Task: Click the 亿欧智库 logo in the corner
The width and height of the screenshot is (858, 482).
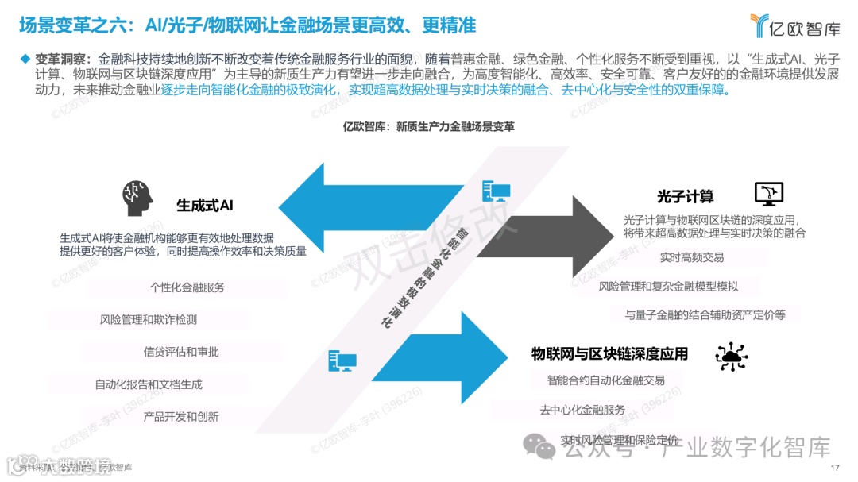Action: [794, 26]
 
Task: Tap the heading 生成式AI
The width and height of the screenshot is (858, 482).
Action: [204, 206]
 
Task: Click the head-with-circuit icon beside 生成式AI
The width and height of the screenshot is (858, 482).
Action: [137, 198]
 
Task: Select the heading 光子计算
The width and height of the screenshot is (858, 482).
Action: [685, 196]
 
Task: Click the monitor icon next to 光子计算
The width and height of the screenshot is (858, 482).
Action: [768, 193]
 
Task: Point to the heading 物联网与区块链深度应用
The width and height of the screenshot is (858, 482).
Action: [609, 353]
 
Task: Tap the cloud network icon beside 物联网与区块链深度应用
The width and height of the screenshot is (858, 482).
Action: [730, 357]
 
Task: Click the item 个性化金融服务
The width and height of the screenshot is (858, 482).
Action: [187, 287]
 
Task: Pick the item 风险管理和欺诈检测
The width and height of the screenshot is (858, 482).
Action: [149, 319]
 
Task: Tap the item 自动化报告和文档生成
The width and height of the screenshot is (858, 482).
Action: [149, 384]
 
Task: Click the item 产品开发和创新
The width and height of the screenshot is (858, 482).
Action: [181, 416]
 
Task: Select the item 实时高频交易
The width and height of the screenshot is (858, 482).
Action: [691, 257]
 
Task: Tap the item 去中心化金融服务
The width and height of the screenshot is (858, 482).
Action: [582, 410]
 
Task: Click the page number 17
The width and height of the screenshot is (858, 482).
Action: [834, 467]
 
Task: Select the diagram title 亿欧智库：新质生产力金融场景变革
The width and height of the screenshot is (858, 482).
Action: [428, 126]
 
